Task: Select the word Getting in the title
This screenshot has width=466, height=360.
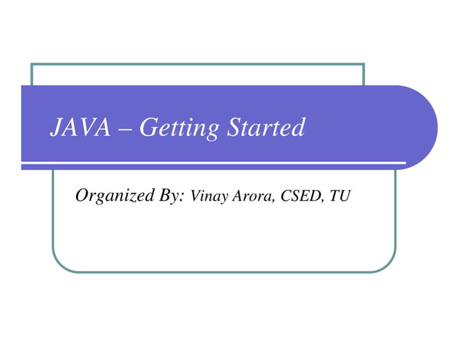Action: coord(178,129)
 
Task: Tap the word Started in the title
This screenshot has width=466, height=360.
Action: coord(265,129)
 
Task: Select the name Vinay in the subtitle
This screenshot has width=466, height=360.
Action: coord(208,196)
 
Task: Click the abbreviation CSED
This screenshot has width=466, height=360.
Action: coord(299,196)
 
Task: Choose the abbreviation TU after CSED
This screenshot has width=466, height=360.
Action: coord(340,196)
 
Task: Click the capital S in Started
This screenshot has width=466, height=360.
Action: coord(234,129)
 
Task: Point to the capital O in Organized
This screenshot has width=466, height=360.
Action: coord(82,195)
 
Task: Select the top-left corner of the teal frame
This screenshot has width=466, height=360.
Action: coord(32,64)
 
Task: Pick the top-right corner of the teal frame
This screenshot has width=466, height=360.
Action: coord(363,64)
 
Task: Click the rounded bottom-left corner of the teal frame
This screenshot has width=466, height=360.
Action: coord(59,264)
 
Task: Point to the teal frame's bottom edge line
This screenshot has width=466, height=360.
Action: coord(219,272)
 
